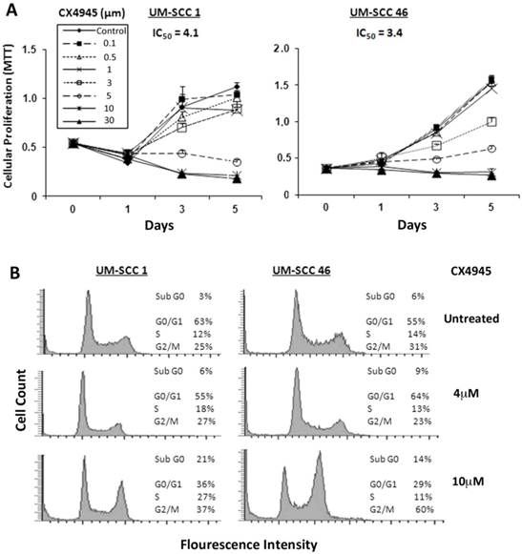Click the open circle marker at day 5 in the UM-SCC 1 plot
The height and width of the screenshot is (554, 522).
236,162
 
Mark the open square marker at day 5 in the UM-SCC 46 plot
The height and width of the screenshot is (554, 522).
491,121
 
